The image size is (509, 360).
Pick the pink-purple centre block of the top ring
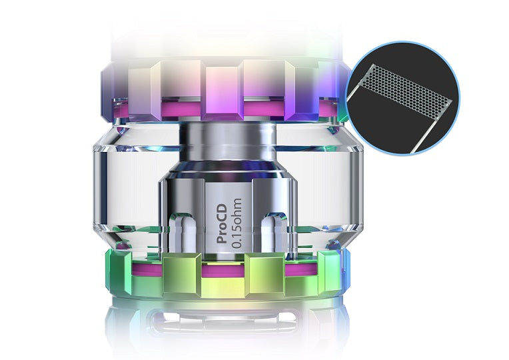222,93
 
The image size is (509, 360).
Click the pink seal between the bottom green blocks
222,270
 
